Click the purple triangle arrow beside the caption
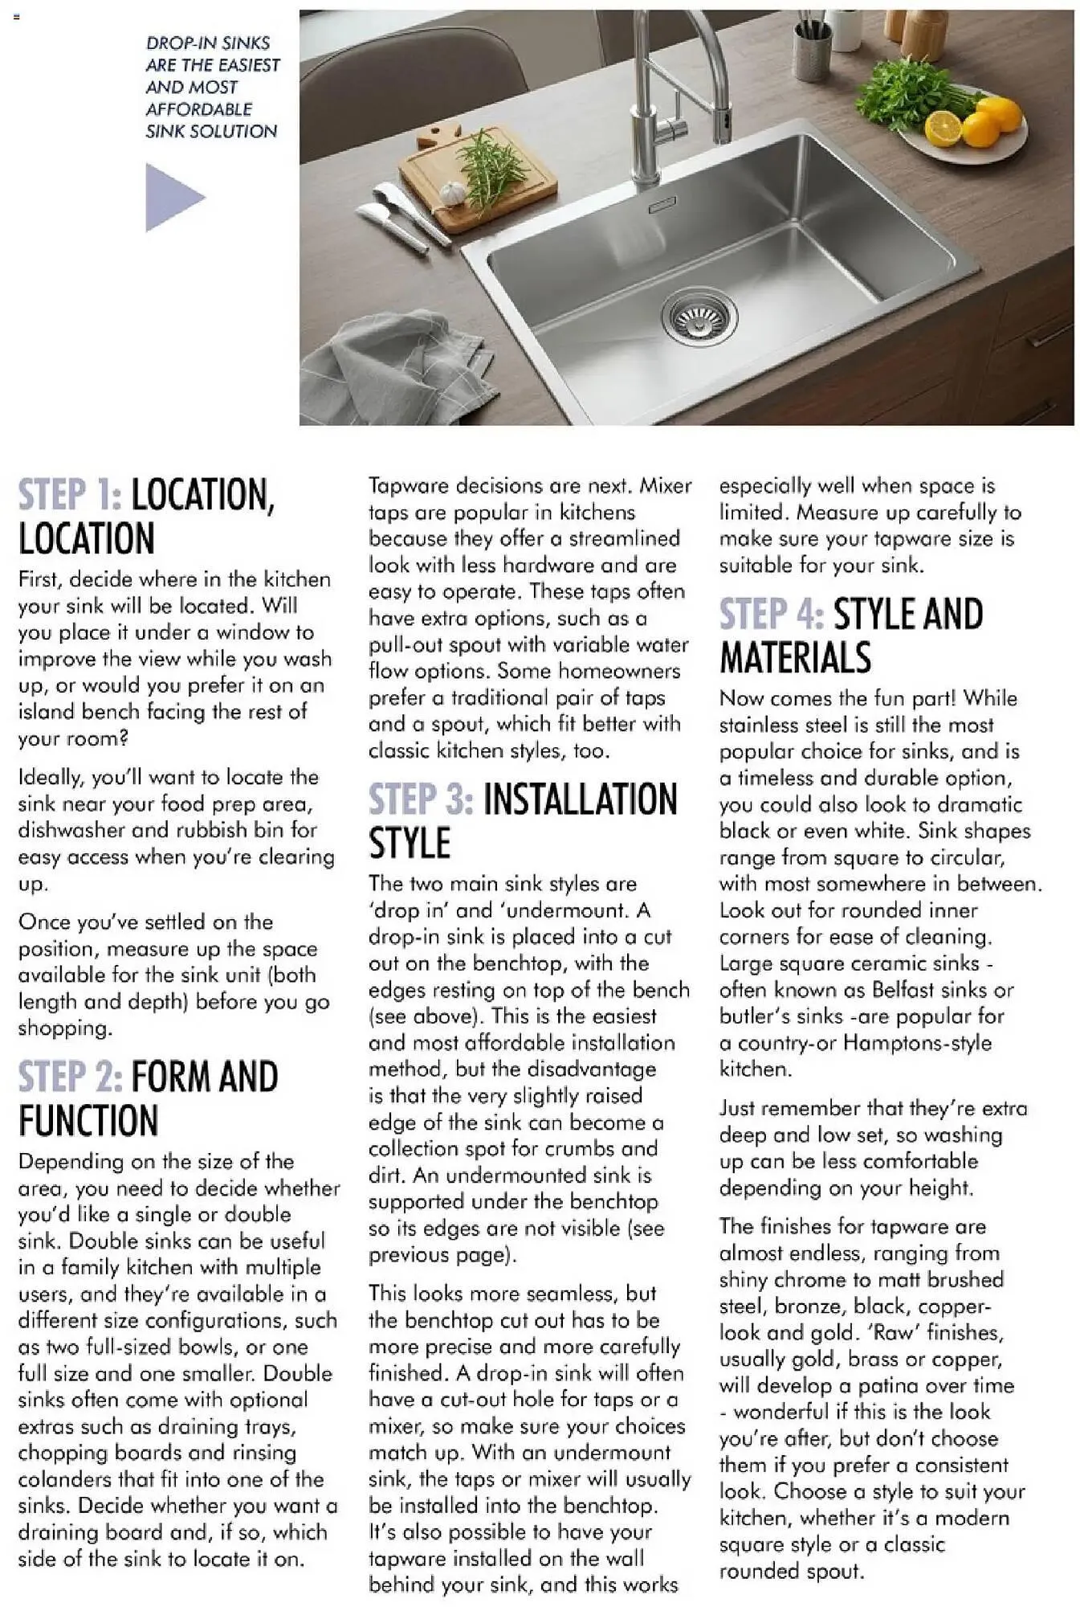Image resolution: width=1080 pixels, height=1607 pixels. coord(171,197)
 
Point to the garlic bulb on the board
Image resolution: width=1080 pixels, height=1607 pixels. coord(453,193)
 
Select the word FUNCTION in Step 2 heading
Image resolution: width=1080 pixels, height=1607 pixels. coord(88,1120)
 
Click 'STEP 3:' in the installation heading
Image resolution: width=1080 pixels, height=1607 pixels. coord(421,799)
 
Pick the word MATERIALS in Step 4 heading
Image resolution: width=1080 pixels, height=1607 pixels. coord(795,657)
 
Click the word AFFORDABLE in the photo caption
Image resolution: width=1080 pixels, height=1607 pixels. coord(199,109)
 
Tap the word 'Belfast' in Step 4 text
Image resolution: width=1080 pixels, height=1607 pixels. coord(903,989)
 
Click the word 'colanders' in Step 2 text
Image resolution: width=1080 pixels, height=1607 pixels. coord(67,1478)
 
